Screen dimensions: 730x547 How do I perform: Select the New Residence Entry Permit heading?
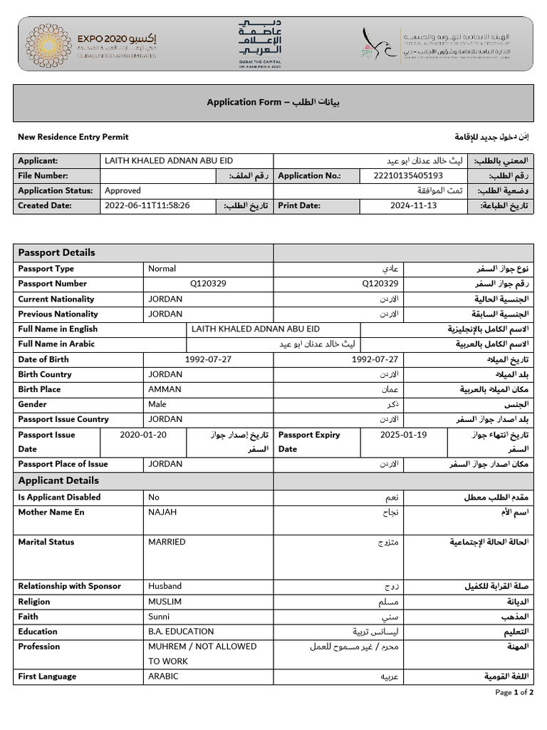[x=73, y=137]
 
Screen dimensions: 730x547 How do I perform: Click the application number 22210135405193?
[x=408, y=175]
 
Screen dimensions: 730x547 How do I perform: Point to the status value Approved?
[x=123, y=190]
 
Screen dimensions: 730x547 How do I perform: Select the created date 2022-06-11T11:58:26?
[x=147, y=205]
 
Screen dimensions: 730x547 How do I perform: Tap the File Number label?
[x=43, y=175]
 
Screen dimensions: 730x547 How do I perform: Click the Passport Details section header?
[x=56, y=252]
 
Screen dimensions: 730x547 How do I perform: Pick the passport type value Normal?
[x=162, y=269]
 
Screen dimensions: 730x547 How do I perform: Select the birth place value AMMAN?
[x=165, y=389]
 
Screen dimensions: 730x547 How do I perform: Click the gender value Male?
[x=157, y=404]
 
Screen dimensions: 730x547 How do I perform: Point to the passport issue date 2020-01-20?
[x=144, y=435]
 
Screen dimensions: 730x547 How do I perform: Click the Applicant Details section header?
[x=58, y=480]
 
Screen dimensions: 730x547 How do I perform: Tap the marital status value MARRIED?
[x=167, y=542]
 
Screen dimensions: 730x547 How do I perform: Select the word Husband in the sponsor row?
[x=165, y=586]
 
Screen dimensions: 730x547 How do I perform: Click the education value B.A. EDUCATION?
[x=181, y=631]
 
